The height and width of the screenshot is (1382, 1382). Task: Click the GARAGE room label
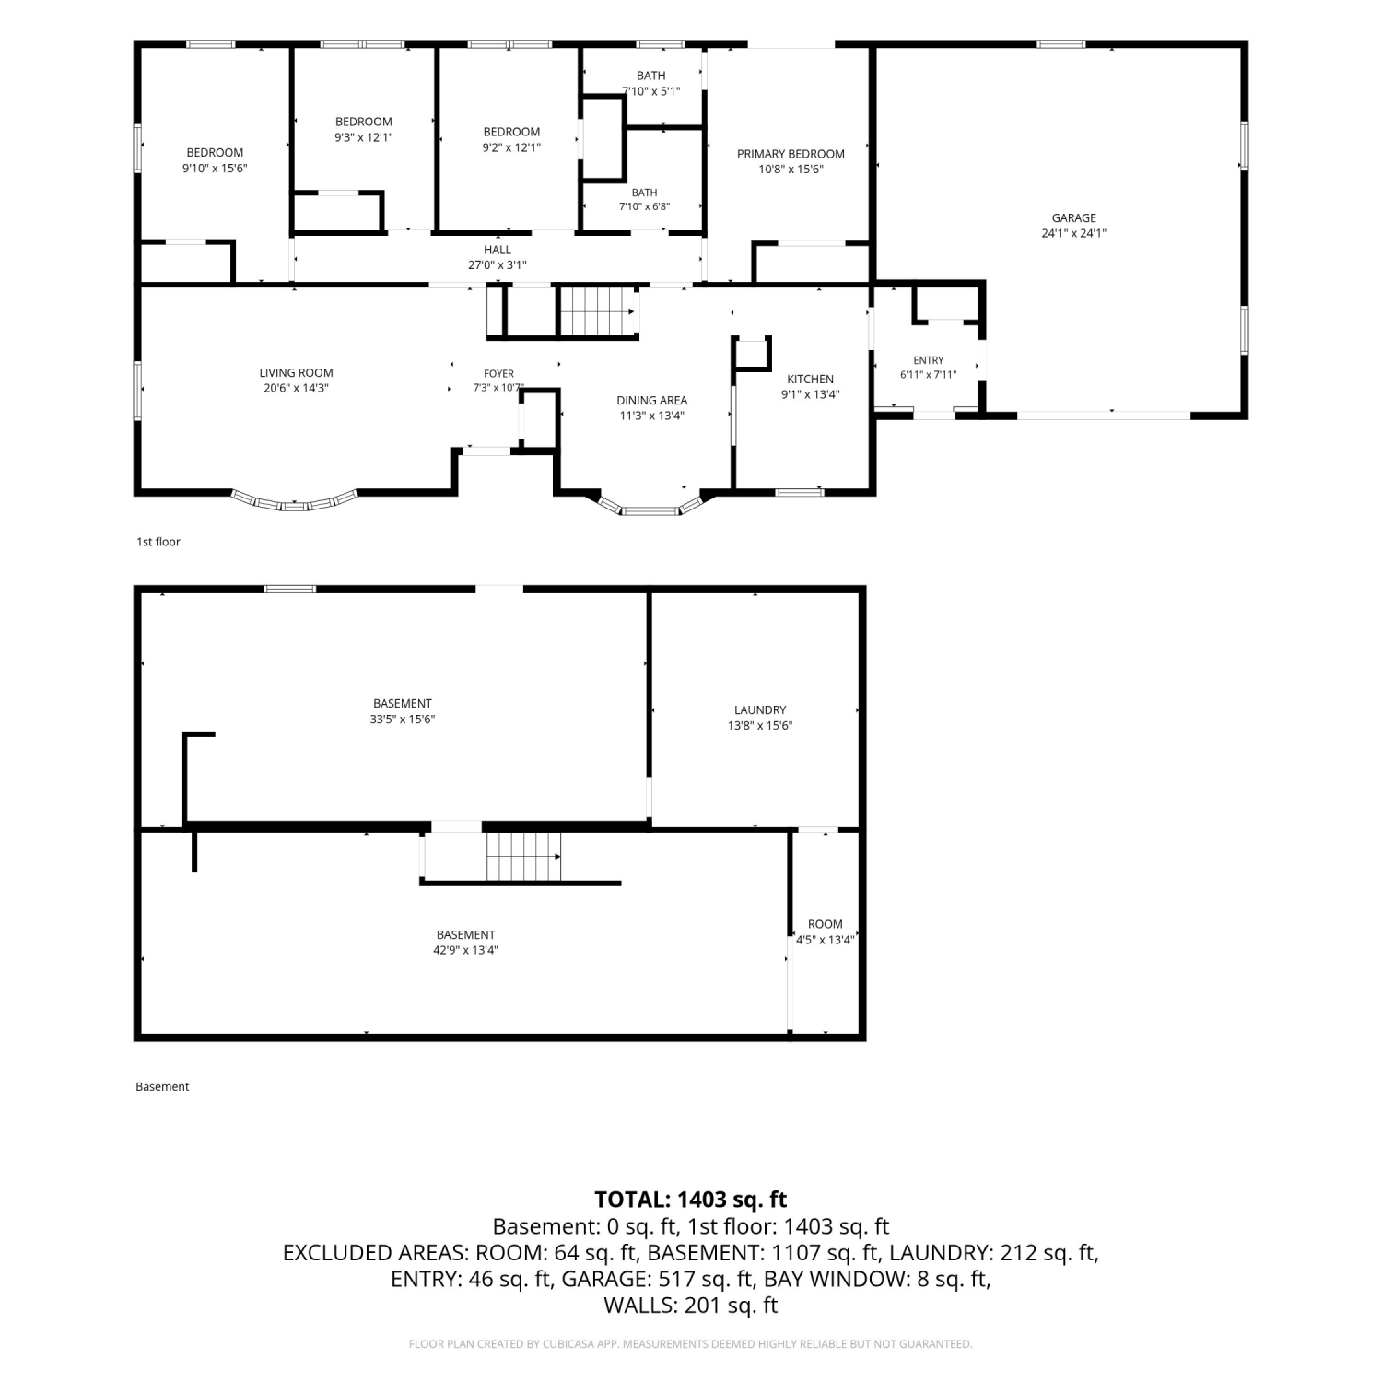[1074, 218]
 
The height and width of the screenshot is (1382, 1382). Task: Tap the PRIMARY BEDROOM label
[791, 154]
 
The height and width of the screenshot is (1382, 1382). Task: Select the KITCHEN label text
[811, 379]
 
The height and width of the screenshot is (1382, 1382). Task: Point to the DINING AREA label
[651, 400]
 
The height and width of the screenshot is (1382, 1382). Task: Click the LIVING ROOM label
[296, 372]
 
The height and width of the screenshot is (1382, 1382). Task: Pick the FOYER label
[498, 373]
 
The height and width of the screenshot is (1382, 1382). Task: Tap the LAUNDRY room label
[760, 709]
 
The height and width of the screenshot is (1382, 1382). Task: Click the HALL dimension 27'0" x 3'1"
[498, 265]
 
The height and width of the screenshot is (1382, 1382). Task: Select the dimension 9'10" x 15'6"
[215, 168]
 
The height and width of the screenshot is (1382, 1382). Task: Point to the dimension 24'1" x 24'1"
[1074, 233]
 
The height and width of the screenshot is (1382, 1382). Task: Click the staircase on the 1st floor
[598, 312]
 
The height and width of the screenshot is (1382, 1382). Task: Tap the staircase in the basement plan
[523, 856]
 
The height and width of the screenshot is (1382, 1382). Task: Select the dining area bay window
[651, 508]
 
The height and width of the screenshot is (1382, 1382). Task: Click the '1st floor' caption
[158, 542]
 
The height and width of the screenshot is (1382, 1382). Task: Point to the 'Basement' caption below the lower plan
[162, 1087]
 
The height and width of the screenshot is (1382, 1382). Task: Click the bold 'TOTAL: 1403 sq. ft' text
[691, 1200]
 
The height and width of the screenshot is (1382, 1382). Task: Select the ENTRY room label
[929, 360]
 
